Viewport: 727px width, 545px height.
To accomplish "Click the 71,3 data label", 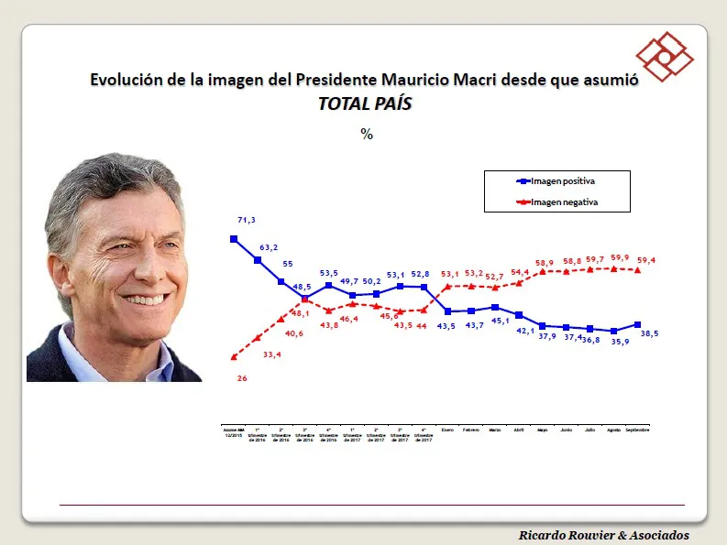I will [246, 221].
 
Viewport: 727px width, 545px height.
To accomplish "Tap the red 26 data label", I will [243, 377].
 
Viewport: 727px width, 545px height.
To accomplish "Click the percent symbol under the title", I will [367, 134].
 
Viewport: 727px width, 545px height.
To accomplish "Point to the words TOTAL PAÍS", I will [365, 104].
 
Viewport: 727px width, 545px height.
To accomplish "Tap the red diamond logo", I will [666, 57].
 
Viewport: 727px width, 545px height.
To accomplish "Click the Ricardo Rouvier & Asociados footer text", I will [603, 535].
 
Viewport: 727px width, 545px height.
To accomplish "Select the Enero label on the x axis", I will [447, 429].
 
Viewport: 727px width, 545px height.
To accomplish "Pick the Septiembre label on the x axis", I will [638, 429].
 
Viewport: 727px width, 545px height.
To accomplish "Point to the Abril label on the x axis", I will [519, 429].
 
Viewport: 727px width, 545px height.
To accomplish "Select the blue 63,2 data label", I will [269, 247].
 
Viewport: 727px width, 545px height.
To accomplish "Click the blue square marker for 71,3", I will [234, 239].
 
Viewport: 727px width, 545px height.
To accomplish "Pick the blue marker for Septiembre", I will [638, 324].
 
